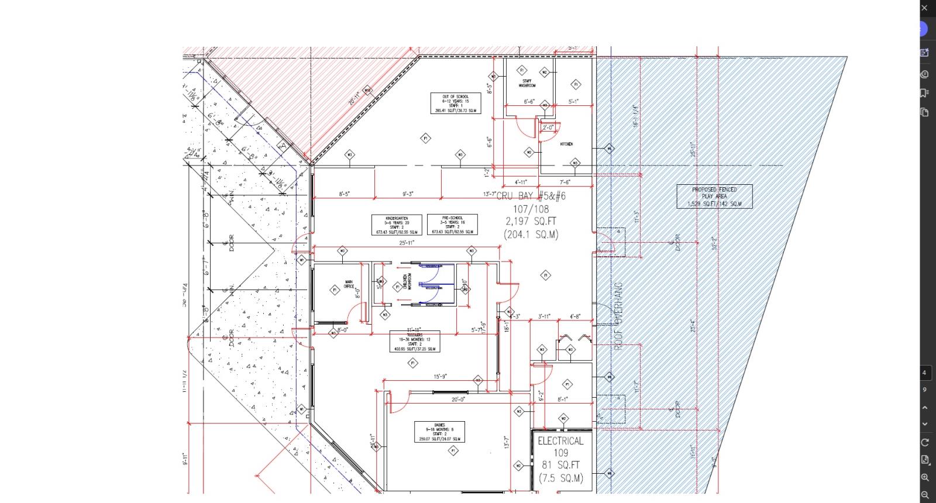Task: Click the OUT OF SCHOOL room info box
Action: (x=456, y=103)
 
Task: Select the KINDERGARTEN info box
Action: (x=397, y=225)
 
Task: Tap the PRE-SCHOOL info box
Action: (x=452, y=225)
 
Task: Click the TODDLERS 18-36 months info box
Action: (x=415, y=342)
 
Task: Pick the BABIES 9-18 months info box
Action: (x=439, y=432)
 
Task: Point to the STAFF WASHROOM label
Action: (x=527, y=84)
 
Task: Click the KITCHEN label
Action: (x=566, y=144)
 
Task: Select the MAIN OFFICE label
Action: (x=349, y=285)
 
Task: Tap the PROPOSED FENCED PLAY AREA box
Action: (x=714, y=197)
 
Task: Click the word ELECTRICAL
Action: (x=560, y=441)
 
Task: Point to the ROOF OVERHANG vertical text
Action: (x=618, y=316)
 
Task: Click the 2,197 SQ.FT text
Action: (x=531, y=221)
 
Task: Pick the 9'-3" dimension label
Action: (x=408, y=194)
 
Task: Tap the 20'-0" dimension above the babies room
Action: (x=458, y=399)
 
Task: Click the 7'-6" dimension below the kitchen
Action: (x=565, y=182)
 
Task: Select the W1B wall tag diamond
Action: (x=367, y=90)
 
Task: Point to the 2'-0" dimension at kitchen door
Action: (x=548, y=127)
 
